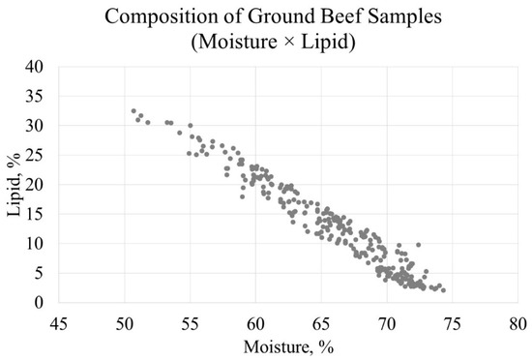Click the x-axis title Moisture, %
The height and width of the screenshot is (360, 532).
point(287,345)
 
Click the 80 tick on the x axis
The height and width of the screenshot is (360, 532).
point(517,321)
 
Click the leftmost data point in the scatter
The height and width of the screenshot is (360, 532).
point(133,111)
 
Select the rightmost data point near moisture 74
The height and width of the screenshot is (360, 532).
point(443,290)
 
